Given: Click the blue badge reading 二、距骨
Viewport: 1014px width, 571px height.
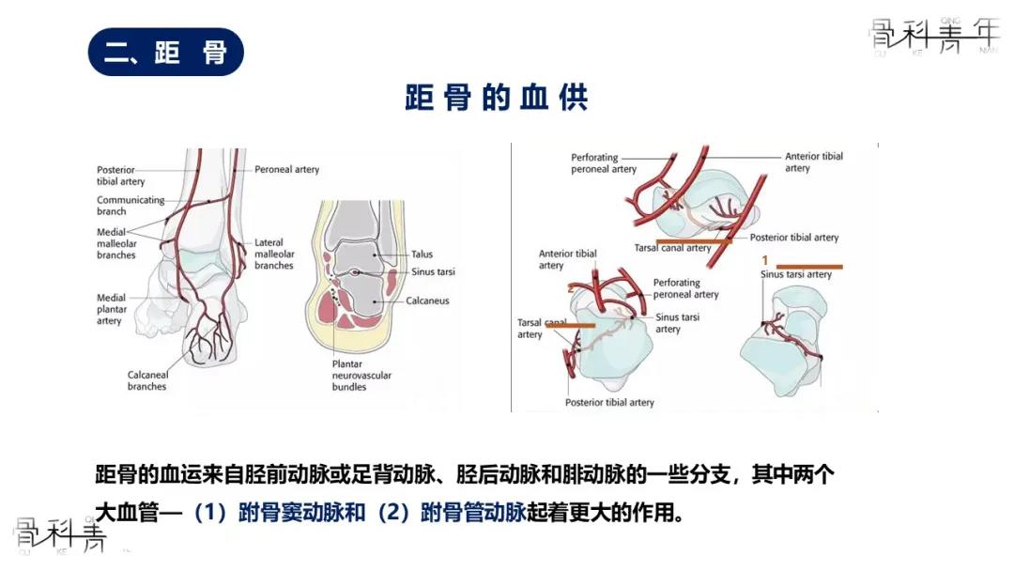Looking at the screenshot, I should click(x=165, y=53).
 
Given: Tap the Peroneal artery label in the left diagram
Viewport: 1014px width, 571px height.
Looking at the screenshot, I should click(x=286, y=170).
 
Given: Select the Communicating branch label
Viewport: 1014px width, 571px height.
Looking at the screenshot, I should click(x=131, y=206).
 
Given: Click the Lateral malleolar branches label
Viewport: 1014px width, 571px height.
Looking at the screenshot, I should click(x=274, y=254).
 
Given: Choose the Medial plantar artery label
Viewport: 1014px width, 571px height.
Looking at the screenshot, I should click(x=111, y=309).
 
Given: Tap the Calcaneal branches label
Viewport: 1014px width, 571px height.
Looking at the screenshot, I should click(x=147, y=380).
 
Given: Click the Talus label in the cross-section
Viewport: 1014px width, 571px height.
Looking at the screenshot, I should click(x=422, y=255).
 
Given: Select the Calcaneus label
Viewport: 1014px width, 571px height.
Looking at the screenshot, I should click(x=427, y=301).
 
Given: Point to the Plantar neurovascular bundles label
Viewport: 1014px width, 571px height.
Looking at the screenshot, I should click(x=361, y=375).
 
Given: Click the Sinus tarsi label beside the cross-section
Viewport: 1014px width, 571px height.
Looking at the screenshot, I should click(x=433, y=272).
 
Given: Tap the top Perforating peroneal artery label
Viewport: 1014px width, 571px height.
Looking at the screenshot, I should click(x=604, y=163).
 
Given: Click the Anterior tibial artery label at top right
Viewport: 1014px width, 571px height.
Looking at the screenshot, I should click(x=813, y=162).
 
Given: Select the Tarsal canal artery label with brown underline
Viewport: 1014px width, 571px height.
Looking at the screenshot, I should click(x=673, y=248).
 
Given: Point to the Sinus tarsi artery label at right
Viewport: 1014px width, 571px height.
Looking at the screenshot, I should click(x=795, y=274).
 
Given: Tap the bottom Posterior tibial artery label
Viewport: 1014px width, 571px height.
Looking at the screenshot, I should click(x=609, y=403).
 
